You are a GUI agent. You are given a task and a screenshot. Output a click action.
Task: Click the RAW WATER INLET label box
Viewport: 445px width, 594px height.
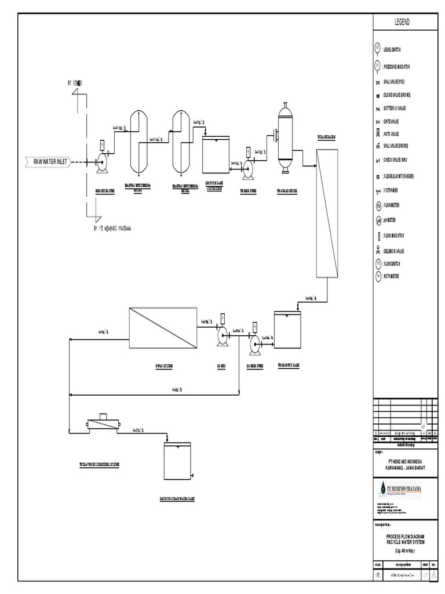[x=49, y=161]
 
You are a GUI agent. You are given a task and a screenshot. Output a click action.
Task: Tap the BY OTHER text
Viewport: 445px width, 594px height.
[x=75, y=84]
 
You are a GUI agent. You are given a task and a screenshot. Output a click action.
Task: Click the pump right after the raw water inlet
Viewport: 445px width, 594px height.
[x=103, y=162]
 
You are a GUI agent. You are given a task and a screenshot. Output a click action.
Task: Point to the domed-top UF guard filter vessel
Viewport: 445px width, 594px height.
[x=284, y=137]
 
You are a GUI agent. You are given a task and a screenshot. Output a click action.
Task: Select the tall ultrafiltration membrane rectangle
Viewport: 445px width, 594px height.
[x=327, y=213]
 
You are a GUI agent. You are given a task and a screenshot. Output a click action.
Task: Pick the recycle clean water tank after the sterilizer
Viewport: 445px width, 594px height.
[x=177, y=461]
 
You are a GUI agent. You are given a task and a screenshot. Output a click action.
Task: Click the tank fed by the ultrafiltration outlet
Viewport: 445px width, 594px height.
[x=287, y=329]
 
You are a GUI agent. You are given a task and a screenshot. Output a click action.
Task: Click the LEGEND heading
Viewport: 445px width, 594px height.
[x=402, y=22]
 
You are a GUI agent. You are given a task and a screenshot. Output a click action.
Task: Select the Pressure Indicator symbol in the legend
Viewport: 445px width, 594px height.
[x=377, y=66]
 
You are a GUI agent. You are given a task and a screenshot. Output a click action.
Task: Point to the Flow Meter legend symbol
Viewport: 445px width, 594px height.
[x=377, y=205]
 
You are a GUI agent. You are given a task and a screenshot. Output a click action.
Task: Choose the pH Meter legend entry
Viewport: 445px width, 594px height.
[x=377, y=220]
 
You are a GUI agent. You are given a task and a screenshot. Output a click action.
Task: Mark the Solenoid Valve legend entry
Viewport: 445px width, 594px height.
[x=377, y=251]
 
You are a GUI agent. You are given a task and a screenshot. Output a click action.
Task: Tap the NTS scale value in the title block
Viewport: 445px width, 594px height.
[x=378, y=575]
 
